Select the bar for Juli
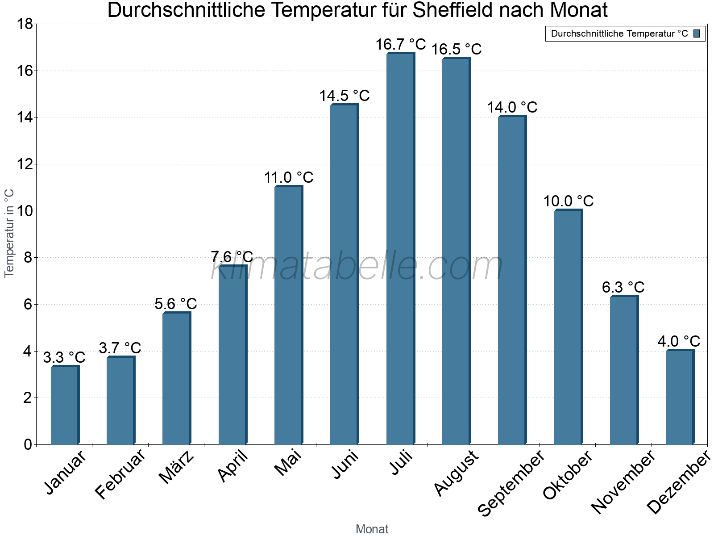400,250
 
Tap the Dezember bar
680,398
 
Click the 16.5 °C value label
456,49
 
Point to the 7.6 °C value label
232,257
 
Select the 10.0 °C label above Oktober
568,201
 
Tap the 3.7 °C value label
120,348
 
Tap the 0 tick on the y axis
28,444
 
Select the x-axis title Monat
372,529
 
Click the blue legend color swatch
697,33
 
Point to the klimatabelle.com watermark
357,266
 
